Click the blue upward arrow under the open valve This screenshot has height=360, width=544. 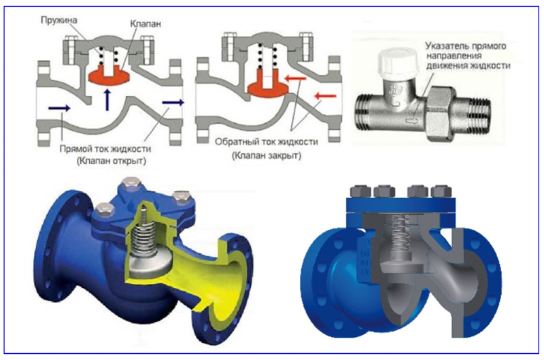107,99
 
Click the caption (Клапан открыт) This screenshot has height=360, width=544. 112,161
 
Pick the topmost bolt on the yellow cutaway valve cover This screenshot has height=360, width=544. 128,184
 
